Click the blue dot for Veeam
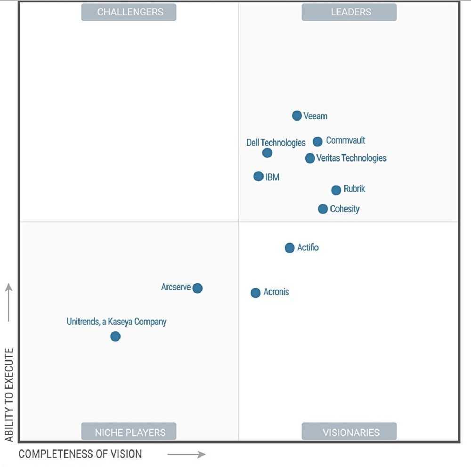297,115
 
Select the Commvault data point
317,141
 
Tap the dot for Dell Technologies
267,153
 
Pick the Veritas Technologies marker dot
309,158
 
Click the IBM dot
258,176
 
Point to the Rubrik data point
336,190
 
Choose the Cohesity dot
323,209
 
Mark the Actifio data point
290,248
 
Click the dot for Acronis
255,293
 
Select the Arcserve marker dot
197,288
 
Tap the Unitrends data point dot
115,336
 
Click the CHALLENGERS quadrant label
129,12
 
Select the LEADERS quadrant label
349,12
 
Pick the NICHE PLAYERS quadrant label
129,432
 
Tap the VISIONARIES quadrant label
349,432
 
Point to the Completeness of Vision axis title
80,454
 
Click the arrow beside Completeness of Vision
187,455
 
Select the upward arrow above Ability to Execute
9,302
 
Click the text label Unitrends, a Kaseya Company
116,322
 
